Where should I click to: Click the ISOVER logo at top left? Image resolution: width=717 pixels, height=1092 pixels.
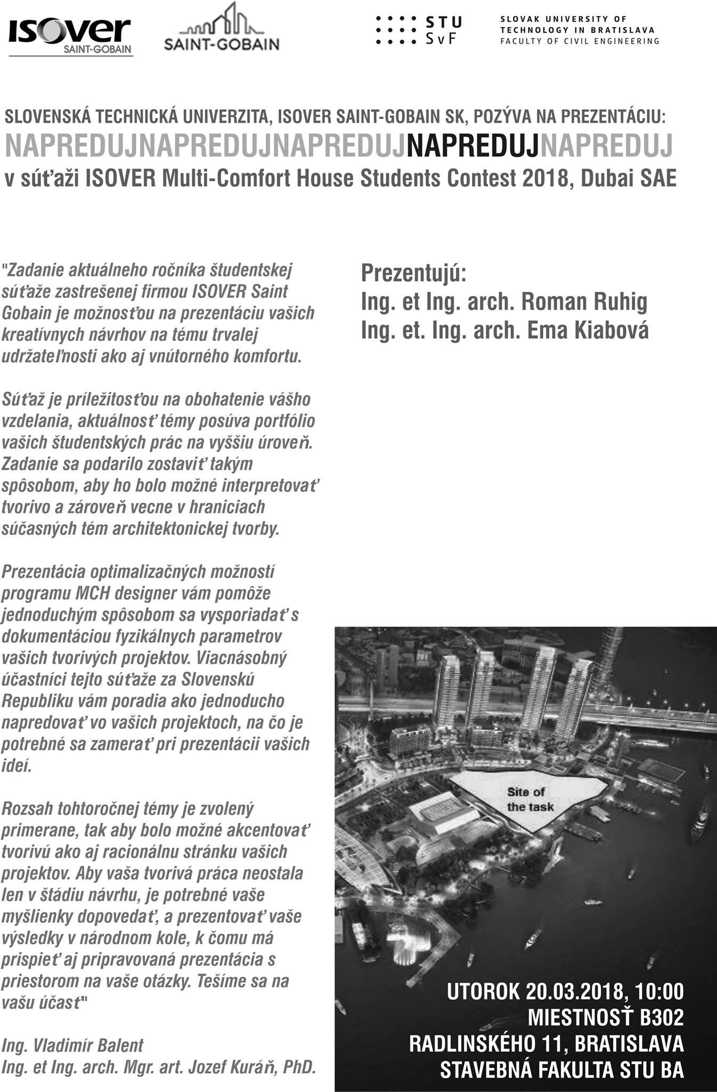pyautogui.click(x=70, y=36)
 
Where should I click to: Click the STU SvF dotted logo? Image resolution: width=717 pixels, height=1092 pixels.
pyautogui.click(x=419, y=30)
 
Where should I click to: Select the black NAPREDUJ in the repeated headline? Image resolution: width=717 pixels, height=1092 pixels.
pyautogui.click(x=472, y=145)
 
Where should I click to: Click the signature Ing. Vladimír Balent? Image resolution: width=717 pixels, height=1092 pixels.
pyautogui.click(x=72, y=1046)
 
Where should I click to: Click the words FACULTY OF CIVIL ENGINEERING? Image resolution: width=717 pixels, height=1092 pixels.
pyautogui.click(x=580, y=41)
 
